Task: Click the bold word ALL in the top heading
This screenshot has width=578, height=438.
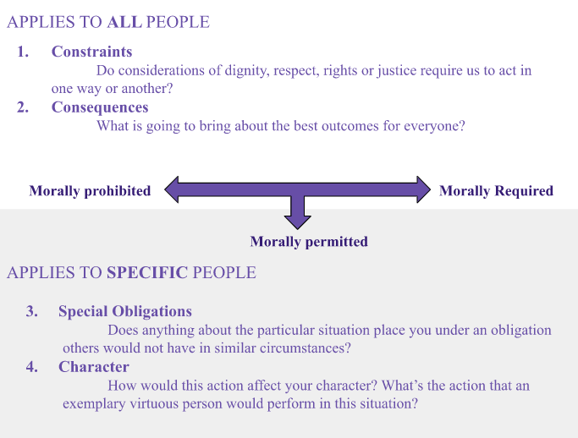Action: (x=124, y=22)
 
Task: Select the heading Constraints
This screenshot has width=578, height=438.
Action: (x=91, y=52)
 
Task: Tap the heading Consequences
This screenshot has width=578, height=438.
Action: (x=100, y=107)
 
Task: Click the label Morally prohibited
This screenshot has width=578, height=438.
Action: (x=90, y=191)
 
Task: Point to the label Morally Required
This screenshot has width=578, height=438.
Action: (x=496, y=191)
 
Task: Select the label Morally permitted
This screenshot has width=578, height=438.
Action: (x=309, y=242)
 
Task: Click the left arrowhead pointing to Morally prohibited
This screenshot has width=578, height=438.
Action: (x=172, y=189)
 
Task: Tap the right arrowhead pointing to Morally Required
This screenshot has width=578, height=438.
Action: (x=423, y=189)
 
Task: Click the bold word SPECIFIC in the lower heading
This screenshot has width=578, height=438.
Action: (x=147, y=273)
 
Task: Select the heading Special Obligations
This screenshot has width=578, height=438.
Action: (x=125, y=311)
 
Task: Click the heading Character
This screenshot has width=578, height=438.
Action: (x=94, y=367)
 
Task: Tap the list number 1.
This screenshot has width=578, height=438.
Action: (x=23, y=52)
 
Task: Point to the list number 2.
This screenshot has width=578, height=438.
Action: (x=23, y=107)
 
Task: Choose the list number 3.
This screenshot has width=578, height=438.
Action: (x=31, y=311)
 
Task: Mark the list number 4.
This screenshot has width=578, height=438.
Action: (x=31, y=367)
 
